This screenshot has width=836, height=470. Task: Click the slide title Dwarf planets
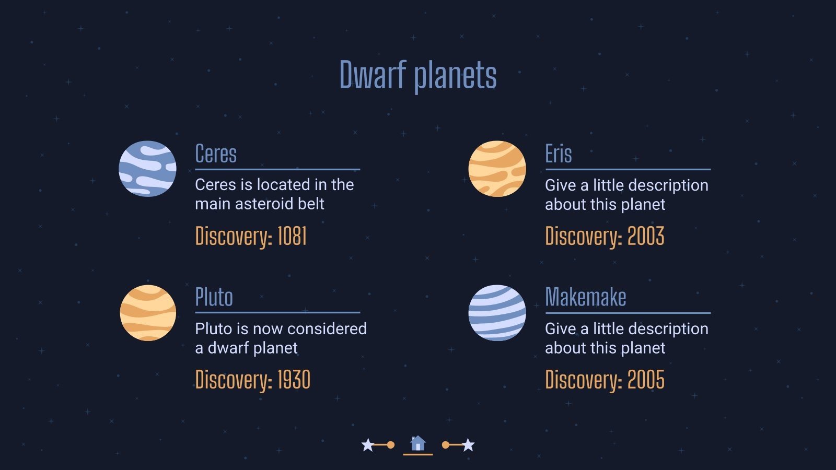tap(417, 75)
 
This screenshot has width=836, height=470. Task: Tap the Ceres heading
tap(216, 154)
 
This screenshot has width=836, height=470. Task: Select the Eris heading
tap(558, 154)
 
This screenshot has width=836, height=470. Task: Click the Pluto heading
tap(214, 297)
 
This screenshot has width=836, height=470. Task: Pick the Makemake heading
tap(585, 297)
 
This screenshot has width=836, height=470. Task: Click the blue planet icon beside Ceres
tap(147, 169)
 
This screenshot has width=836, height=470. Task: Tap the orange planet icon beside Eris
tap(497, 169)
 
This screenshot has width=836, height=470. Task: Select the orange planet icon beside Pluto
tap(148, 313)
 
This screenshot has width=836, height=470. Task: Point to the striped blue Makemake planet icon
tap(497, 313)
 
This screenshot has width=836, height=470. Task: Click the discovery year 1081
tap(292, 237)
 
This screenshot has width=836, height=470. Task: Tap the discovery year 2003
tap(645, 237)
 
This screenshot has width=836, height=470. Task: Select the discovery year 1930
tap(294, 380)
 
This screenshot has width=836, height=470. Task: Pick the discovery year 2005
tap(645, 380)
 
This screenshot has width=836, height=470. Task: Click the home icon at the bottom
tap(417, 444)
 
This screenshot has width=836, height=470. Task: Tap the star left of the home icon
tap(368, 445)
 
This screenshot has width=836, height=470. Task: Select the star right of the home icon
tap(468, 445)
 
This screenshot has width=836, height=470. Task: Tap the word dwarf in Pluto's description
tap(227, 348)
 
